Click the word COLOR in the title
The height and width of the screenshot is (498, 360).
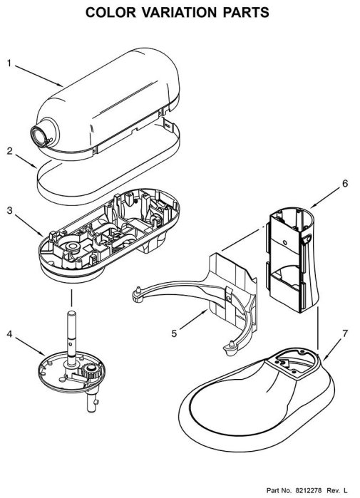pyautogui.click(x=110, y=12)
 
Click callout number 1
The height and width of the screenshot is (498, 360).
pyautogui.click(x=9, y=63)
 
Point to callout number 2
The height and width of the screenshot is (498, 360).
pyautogui.click(x=10, y=150)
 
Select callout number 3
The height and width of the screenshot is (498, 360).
pyautogui.click(x=10, y=210)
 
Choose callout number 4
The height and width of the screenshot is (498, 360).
pyautogui.click(x=10, y=334)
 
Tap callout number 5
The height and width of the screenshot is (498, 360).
pyautogui.click(x=174, y=333)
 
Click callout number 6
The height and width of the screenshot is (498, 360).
pyautogui.click(x=345, y=183)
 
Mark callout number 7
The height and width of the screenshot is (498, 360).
pyautogui.click(x=345, y=333)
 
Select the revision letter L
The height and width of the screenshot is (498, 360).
pyautogui.click(x=346, y=490)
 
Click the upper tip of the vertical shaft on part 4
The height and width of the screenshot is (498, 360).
pyautogui.click(x=71, y=313)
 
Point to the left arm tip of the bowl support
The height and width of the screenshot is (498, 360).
pyautogui.click(x=137, y=294)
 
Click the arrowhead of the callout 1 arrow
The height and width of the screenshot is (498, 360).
pyautogui.click(x=63, y=86)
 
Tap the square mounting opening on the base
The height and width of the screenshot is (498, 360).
pyautogui.click(x=289, y=363)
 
